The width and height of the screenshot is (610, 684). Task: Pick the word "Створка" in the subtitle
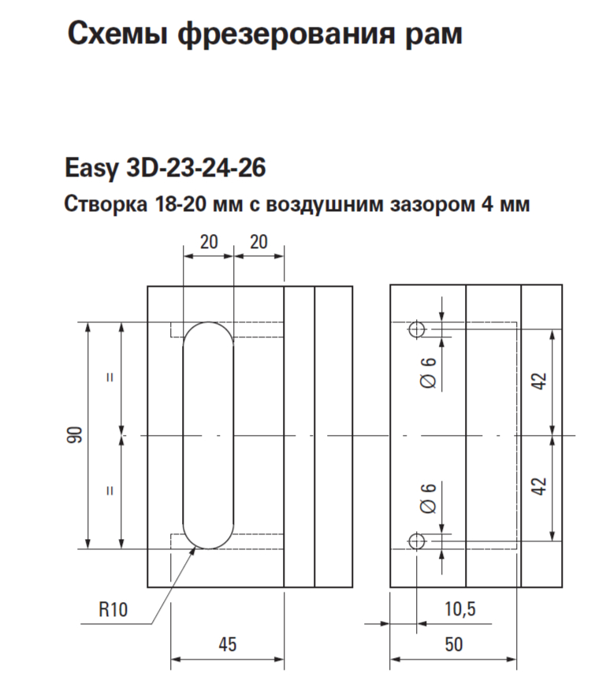pyautogui.click(x=101, y=206)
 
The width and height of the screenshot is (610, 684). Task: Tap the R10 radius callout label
pyautogui.click(x=113, y=608)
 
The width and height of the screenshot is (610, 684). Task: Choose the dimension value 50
pyautogui.click(x=454, y=644)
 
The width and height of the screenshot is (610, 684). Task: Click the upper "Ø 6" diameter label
pyautogui.click(x=429, y=372)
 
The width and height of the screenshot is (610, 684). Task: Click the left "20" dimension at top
pyautogui.click(x=208, y=243)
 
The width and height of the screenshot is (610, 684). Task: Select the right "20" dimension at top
pyautogui.click(x=259, y=243)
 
